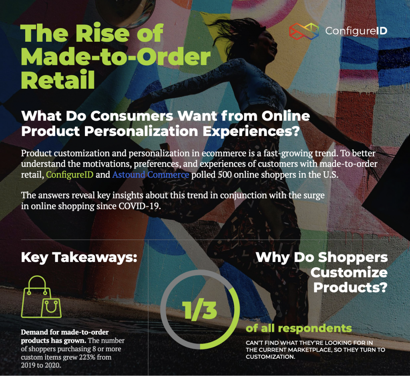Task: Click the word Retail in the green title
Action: tap(58, 79)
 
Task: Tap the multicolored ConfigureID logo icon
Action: tap(304, 31)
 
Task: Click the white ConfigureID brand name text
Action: tap(356, 31)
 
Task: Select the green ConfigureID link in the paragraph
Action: tap(70, 175)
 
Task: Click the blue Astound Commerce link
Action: tap(151, 175)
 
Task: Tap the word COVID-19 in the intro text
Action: tap(139, 206)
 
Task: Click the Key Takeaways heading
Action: tap(79, 257)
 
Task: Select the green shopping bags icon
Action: tap(41, 297)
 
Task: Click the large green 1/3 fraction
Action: tap(200, 310)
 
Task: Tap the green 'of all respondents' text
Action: tap(299, 328)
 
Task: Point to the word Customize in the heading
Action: tap(349, 272)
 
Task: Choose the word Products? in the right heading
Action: tap(350, 287)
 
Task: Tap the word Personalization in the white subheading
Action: tap(141, 131)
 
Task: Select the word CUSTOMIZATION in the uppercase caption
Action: tap(270, 357)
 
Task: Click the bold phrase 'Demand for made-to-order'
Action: tap(64, 332)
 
